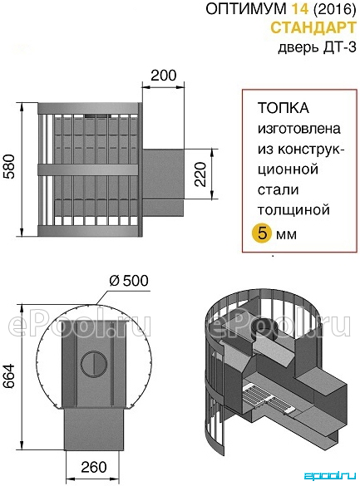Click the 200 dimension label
tap(164, 76)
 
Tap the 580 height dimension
tap(9, 166)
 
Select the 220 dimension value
tap(200, 174)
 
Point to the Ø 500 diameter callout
tap(129, 281)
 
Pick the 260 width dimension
tap(94, 467)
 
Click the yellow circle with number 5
tap(262, 233)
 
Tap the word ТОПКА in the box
tap(284, 108)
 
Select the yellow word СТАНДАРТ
tap(313, 28)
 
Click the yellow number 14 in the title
tap(299, 9)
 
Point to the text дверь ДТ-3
tap(317, 47)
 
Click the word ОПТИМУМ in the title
tap(246, 9)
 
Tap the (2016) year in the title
tap(334, 9)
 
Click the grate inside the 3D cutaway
tap(259, 397)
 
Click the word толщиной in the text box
tap(293, 210)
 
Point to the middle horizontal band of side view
tap(88, 169)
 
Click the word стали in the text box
tap(278, 189)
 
